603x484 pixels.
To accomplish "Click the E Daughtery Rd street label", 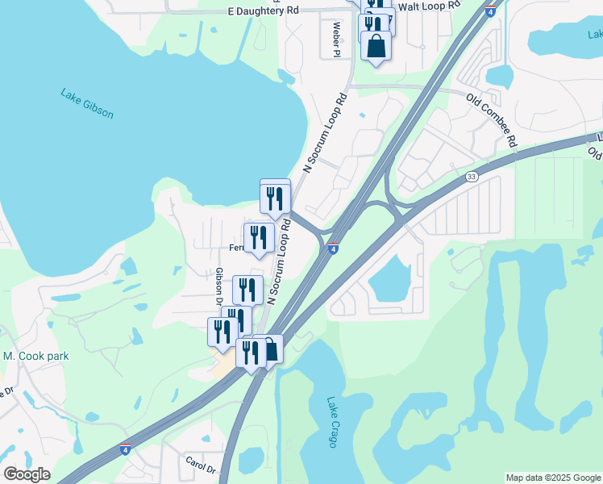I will (252, 10).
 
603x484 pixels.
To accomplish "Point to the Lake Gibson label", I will (87, 103).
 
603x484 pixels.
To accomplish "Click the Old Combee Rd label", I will (492, 116).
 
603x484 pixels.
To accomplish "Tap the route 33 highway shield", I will (472, 176).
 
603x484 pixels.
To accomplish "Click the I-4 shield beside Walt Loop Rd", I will (490, 10).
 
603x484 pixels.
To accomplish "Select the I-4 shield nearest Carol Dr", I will (125, 449).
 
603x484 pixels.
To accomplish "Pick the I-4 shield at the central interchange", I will (332, 248).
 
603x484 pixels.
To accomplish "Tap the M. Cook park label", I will (36, 356).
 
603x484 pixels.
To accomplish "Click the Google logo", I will (27, 474).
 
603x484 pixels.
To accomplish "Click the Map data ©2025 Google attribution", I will (553, 478).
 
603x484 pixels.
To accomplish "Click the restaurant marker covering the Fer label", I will (259, 238).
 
